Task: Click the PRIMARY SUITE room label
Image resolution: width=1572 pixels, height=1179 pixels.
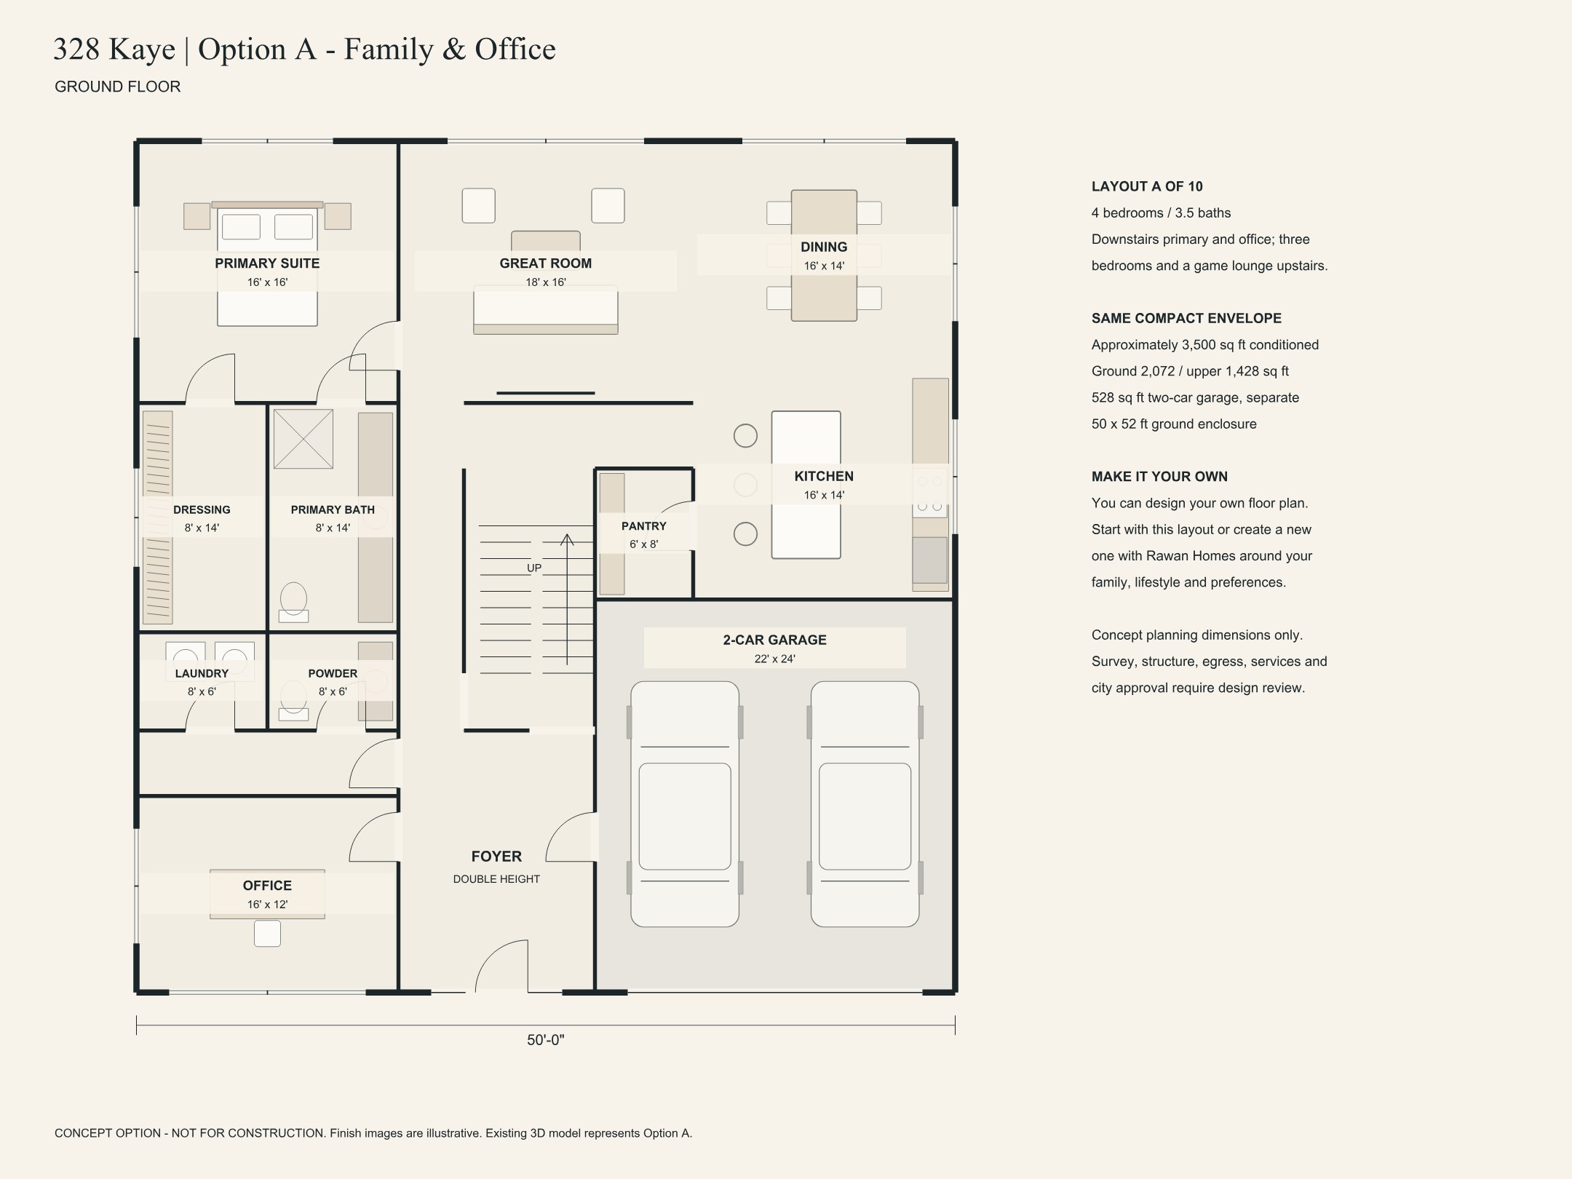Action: point(267,263)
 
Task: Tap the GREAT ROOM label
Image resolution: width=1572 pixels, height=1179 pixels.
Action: point(545,263)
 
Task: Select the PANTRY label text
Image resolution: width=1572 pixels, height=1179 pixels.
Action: point(643,526)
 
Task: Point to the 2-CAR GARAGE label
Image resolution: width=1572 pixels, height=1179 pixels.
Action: point(774,640)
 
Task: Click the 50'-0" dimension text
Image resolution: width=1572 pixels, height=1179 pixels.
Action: point(545,1040)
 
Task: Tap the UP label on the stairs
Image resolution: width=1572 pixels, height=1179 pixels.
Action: point(534,568)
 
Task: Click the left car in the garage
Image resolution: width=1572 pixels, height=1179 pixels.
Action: point(685,804)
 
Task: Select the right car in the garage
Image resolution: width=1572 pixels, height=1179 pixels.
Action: point(865,804)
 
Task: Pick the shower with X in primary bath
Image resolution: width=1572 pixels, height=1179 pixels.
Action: point(303,439)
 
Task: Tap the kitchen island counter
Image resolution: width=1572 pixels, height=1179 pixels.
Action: point(806,485)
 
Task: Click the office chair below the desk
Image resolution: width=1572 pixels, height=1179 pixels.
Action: point(267,934)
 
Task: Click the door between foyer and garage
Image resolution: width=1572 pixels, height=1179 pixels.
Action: point(571,836)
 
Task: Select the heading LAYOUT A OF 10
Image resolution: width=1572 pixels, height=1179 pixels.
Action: point(1147,186)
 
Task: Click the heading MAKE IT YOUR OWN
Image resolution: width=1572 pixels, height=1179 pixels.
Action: point(1159,477)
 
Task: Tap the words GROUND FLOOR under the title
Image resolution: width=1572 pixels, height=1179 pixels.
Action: point(118,87)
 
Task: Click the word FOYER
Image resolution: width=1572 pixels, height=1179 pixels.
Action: point(496,857)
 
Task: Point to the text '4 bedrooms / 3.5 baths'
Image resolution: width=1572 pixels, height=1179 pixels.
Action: point(1161,213)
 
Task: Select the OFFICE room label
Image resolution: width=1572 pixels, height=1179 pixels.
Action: point(267,886)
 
